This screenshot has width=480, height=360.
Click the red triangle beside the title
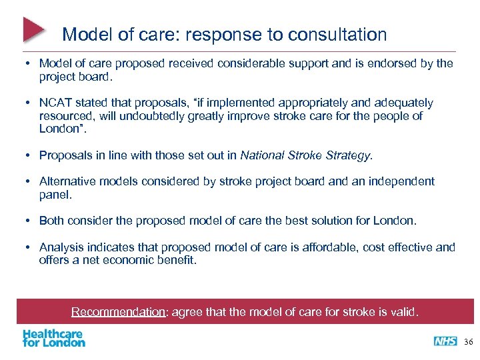[x=33, y=29]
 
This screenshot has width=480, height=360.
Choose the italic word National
[x=264, y=155]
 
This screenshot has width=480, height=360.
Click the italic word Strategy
[x=348, y=155]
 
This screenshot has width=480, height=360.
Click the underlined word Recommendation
[x=118, y=312]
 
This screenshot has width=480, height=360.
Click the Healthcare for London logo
[x=54, y=338]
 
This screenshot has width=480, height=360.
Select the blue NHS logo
[x=445, y=341]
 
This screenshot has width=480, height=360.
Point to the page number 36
[x=469, y=341]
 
